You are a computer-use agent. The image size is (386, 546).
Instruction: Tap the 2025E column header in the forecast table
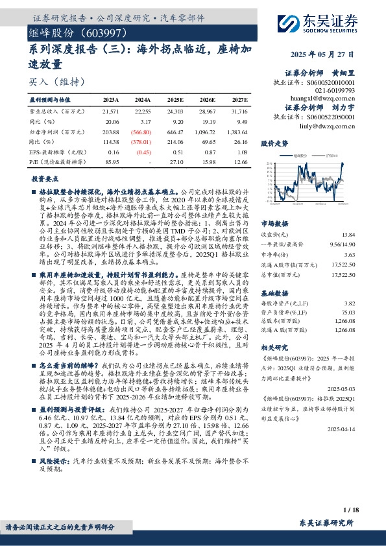click(175, 101)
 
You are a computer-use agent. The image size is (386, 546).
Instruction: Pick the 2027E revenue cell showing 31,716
click(238, 112)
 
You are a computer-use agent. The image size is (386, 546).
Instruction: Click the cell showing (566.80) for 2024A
click(143, 131)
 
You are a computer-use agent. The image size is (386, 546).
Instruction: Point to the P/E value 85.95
click(112, 161)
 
